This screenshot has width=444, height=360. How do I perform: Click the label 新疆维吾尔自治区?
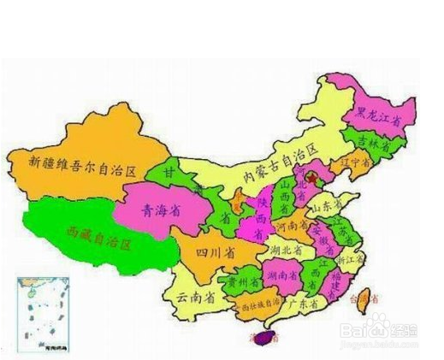tap(83, 161)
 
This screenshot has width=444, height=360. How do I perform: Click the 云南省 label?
tap(194, 298)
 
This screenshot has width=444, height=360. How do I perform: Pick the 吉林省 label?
tap(373, 144)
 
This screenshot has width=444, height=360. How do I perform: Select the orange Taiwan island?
tap(365, 298)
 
